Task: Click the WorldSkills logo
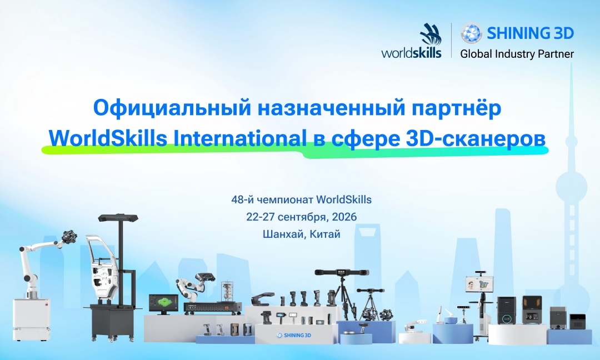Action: point(412,42)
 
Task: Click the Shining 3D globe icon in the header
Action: point(471,33)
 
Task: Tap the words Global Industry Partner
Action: point(517,54)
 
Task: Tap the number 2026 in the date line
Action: point(344,217)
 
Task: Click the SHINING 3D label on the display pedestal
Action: point(294,336)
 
